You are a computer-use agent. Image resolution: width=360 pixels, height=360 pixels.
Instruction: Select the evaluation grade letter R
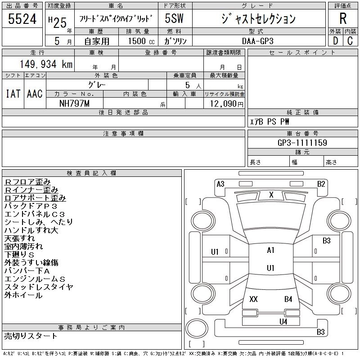click(x=343, y=18)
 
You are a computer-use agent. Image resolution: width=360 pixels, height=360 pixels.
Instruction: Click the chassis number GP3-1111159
click(x=302, y=143)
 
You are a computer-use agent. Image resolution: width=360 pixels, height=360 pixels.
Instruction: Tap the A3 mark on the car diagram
click(x=220, y=184)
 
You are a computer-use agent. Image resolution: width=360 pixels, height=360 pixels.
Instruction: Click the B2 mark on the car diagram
click(x=321, y=184)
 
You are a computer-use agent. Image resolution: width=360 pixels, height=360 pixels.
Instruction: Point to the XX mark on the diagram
click(x=253, y=299)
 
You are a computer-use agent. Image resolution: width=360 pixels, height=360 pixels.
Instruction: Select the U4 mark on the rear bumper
click(x=283, y=321)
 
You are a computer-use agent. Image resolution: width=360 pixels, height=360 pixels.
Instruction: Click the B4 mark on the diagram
click(x=288, y=299)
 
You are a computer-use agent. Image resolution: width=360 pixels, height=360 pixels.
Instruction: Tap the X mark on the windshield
click(x=271, y=195)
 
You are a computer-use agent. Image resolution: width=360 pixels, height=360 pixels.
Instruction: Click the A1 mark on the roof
click(x=270, y=250)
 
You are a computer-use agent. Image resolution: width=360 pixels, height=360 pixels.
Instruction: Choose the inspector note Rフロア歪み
click(x=28, y=181)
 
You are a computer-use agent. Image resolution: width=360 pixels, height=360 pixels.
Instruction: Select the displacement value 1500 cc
click(x=138, y=40)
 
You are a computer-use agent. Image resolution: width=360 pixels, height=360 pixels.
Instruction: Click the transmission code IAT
click(x=13, y=94)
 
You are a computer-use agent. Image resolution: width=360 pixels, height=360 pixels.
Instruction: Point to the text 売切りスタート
click(x=31, y=336)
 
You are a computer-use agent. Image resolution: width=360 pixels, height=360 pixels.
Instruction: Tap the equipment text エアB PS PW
click(x=270, y=121)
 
